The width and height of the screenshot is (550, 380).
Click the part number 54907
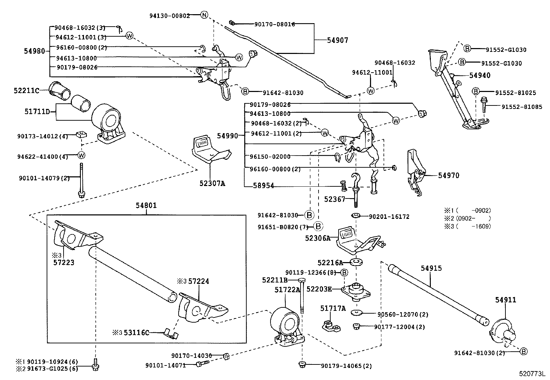[338, 40]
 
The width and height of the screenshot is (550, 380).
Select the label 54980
[35, 51]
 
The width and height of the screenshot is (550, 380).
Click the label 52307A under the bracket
[212, 184]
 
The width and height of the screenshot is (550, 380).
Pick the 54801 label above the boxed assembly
[146, 205]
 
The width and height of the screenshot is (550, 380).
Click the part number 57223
[64, 263]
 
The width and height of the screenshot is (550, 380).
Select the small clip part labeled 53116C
[171, 334]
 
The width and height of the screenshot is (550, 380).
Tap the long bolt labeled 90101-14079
[81, 180]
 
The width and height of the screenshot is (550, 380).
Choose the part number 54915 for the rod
[431, 268]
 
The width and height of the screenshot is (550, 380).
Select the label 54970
[448, 176]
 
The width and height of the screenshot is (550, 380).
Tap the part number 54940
[480, 75]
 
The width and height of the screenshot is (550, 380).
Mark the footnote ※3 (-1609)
[467, 226]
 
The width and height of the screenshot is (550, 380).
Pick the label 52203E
[319, 289]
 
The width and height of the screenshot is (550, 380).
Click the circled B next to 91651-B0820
[318, 227]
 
